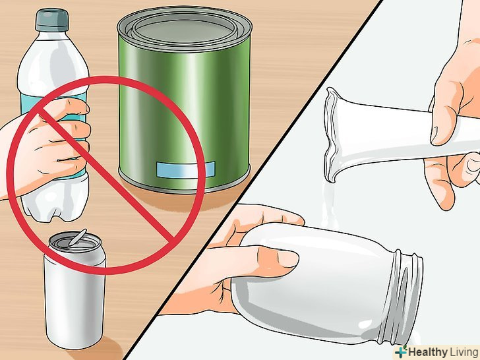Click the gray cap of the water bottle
[x=51, y=20]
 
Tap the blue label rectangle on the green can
[x=185, y=169]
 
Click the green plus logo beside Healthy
[x=401, y=351]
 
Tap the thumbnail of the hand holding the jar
[x=287, y=258]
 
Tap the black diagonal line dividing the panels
[x=253, y=180]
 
